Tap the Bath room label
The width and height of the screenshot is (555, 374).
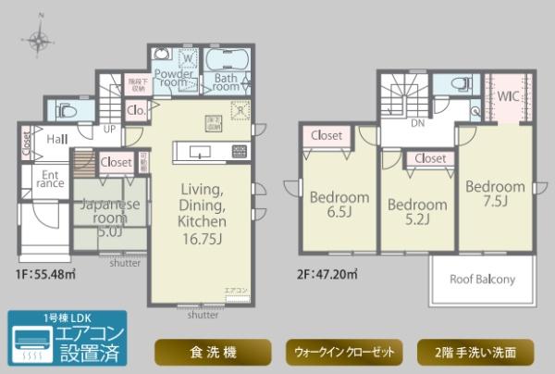pos(227,84)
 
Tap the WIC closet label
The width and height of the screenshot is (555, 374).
pos(504,96)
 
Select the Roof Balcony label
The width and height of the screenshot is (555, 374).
pos(482,279)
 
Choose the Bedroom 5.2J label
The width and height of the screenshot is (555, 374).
pos(416,212)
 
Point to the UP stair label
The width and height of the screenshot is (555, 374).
pos(109,130)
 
